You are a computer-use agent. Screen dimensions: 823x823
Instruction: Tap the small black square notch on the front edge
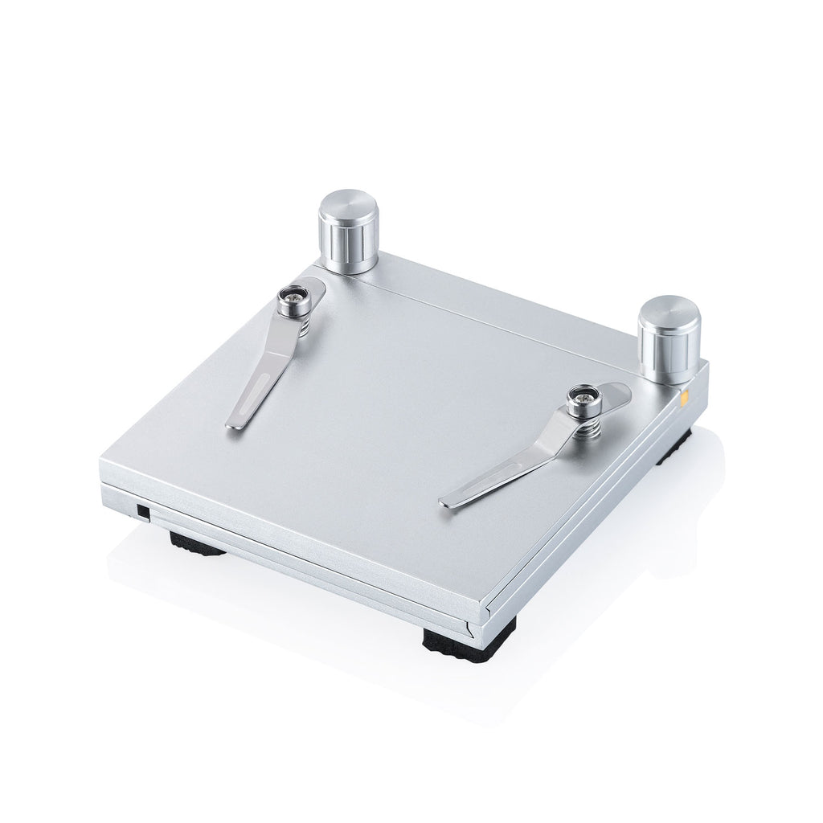tap(141, 511)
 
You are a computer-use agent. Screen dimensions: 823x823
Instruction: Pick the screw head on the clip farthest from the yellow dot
tap(293, 301)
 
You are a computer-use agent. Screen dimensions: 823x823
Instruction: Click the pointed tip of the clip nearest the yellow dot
tap(444, 504)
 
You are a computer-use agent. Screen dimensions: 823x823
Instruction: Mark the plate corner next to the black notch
tap(103, 465)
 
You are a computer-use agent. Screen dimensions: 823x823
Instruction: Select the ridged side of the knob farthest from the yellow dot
tap(349, 245)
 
